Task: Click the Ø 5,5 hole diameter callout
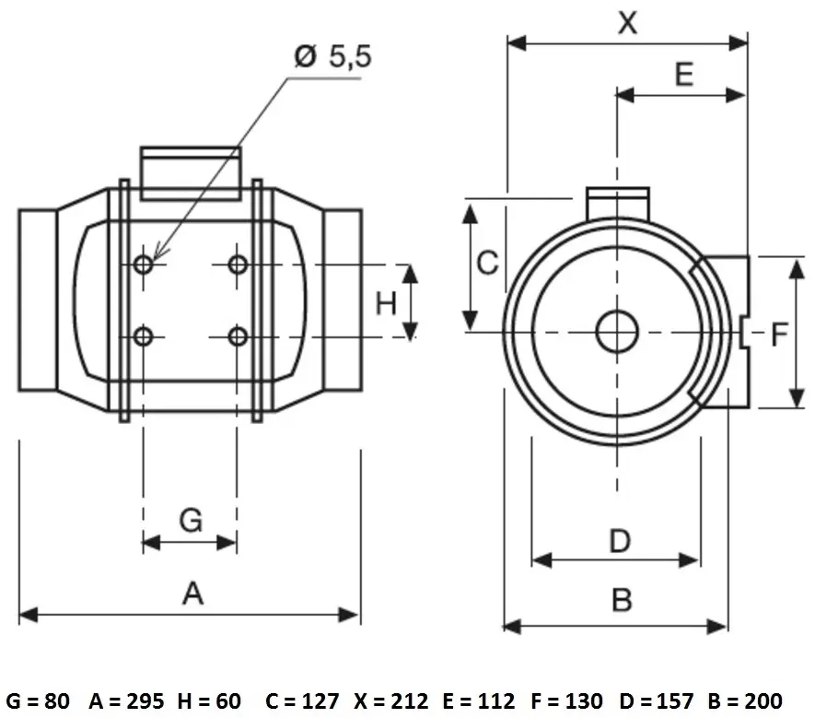point(333,56)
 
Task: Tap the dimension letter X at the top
point(628,22)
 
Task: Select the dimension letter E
point(684,74)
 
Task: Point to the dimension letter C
point(487,263)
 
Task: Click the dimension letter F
point(779,335)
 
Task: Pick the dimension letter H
point(386,303)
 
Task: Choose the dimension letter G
point(191,520)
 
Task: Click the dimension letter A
point(192,594)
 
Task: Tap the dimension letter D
point(620,541)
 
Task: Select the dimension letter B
point(623,599)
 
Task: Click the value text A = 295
point(126,700)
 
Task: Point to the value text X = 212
point(391,700)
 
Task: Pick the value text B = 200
point(745,700)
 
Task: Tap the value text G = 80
point(38,700)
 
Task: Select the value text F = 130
point(567,700)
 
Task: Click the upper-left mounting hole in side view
point(144,265)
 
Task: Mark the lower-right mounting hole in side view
point(238,336)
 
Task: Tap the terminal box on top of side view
point(191,173)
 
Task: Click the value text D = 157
point(657,700)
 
